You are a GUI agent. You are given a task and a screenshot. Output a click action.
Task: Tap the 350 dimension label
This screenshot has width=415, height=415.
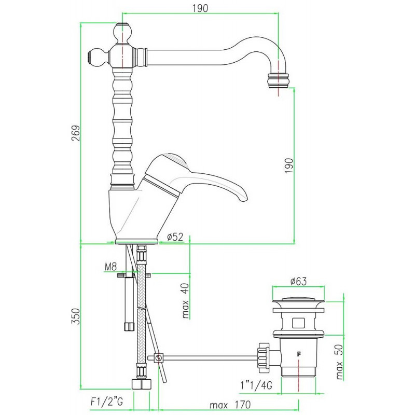point(76,316)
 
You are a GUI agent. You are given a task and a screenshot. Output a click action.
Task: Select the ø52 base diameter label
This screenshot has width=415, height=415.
point(175,237)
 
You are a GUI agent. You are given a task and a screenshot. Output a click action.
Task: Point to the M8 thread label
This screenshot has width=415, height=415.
point(110,267)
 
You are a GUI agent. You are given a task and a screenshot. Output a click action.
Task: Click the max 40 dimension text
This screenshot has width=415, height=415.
point(186,300)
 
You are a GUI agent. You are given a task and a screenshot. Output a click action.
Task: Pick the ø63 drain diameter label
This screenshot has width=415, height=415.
point(299,281)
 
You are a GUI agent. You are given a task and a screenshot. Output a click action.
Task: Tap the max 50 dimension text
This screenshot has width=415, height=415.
point(339,362)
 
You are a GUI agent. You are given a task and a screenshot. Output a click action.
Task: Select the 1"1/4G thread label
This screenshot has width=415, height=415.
point(256,385)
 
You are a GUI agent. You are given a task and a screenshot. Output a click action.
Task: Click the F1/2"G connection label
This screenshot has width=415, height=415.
point(107,402)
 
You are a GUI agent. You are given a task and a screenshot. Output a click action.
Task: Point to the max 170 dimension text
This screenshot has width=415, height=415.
point(230,405)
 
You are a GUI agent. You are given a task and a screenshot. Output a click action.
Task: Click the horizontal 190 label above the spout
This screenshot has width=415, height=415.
point(200,8)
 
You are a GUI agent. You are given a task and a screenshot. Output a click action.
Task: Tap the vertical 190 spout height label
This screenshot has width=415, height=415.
point(289,165)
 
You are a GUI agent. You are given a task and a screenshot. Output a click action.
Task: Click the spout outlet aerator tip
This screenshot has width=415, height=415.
point(278,81)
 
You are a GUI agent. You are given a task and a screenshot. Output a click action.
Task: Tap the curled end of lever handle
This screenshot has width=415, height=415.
point(242,196)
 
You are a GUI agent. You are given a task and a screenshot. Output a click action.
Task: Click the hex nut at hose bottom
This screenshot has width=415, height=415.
point(142,384)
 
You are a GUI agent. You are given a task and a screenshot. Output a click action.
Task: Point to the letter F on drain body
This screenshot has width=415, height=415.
point(299,354)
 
